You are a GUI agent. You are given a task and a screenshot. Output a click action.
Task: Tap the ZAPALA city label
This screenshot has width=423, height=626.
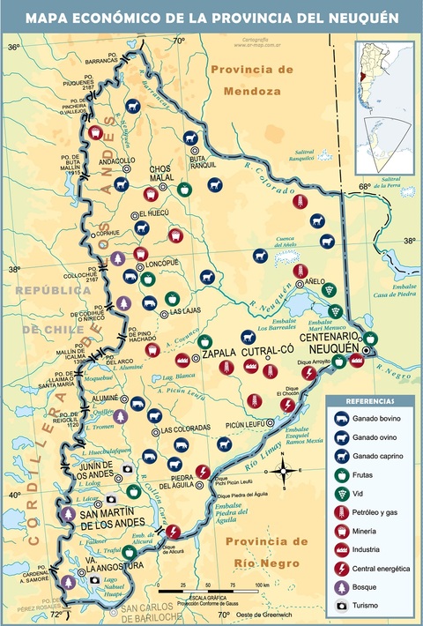[219, 354]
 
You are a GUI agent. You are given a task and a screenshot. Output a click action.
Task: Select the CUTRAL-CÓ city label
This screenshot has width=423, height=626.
[267, 349]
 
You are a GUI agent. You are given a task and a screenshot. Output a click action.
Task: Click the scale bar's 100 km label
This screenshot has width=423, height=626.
[262, 585]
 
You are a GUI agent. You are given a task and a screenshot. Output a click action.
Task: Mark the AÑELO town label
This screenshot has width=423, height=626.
[316, 281]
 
